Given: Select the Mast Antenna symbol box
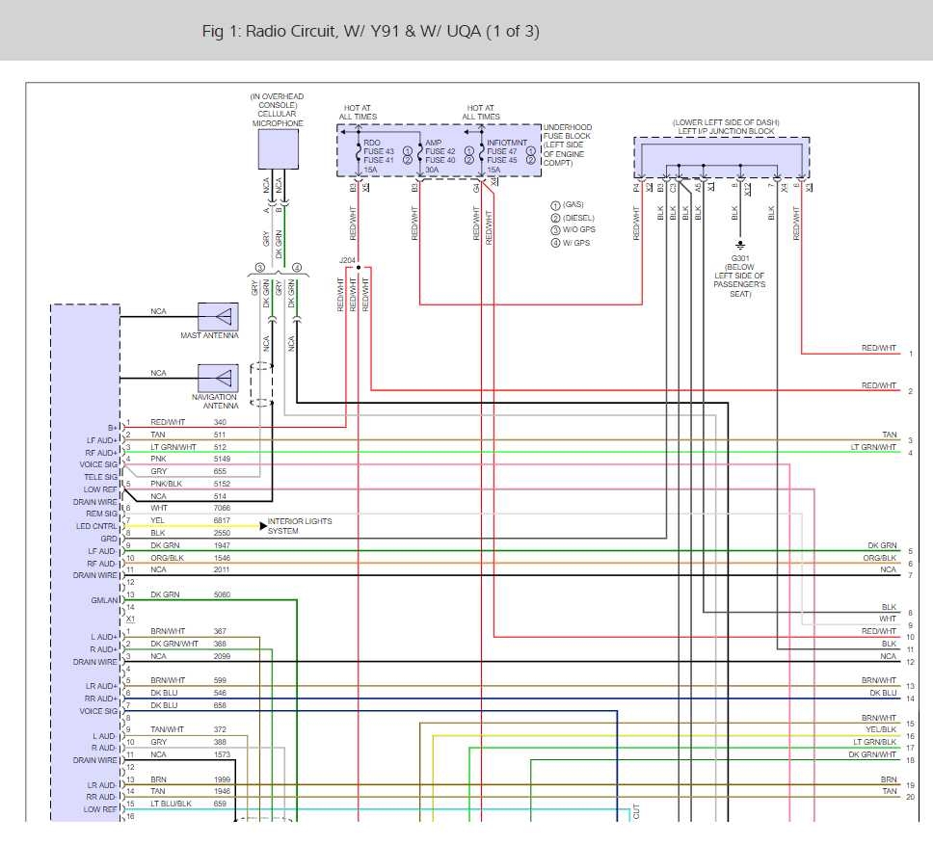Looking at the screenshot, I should (218, 316).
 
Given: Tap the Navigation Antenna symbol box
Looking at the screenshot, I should (218, 377).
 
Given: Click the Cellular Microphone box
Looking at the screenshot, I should (278, 149).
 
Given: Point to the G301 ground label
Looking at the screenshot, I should (739, 258).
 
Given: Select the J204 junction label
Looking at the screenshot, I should (347, 260).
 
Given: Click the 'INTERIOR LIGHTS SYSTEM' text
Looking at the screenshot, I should (299, 526).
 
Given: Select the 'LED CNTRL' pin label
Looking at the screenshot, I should (96, 526).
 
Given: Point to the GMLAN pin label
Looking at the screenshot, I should (104, 600).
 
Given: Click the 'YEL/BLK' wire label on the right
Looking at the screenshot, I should (880, 730).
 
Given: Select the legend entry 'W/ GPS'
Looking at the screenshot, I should (576, 243).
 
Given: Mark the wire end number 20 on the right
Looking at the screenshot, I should (910, 797).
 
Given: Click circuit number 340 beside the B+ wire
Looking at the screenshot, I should (221, 422).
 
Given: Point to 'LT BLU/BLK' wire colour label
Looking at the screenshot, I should (171, 804).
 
